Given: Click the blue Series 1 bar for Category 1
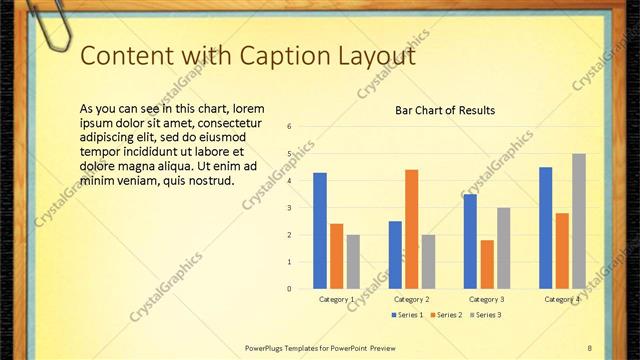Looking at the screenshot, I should [320, 231].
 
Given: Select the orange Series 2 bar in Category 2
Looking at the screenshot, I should [411, 229].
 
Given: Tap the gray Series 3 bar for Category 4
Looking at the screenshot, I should [579, 221].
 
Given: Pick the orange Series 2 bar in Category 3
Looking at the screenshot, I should [487, 264].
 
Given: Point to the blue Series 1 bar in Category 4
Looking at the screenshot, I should [545, 228].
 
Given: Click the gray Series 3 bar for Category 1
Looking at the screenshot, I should [354, 262].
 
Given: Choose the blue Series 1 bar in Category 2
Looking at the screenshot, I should [395, 255].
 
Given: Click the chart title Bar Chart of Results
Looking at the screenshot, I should [445, 110].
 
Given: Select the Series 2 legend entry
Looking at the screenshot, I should [446, 315].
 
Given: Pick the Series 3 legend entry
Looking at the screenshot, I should [485, 315].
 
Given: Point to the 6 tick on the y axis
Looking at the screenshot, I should [288, 127].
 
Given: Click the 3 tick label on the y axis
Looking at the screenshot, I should [288, 208].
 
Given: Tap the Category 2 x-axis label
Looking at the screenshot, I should [412, 299].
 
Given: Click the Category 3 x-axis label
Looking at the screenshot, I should [487, 299].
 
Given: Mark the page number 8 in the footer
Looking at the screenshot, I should [589, 347].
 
